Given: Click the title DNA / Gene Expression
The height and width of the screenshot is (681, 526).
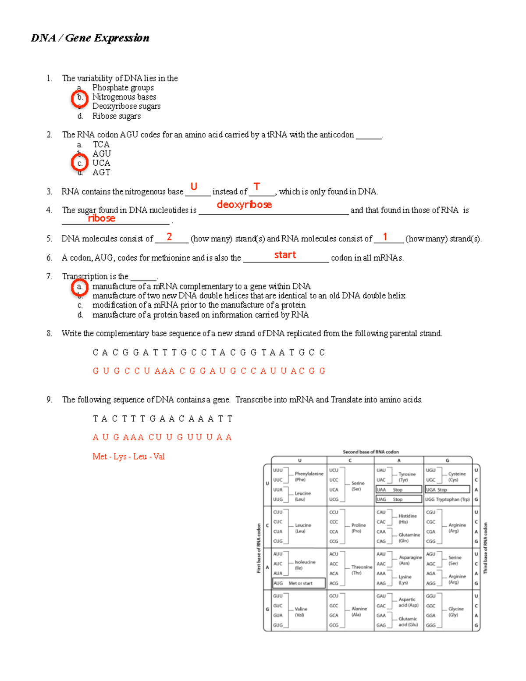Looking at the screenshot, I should (x=90, y=38).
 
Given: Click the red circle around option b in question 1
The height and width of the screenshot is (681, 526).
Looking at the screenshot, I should (x=80, y=98).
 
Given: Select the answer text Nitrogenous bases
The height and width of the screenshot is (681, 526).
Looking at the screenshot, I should (x=124, y=97).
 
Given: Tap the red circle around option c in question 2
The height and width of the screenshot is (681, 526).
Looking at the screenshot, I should (x=80, y=164).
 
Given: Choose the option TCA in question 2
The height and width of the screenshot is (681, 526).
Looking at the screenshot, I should (x=101, y=144).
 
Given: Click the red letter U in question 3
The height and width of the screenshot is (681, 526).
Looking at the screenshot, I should (x=194, y=187).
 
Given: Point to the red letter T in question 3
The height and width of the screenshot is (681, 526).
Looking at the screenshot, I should (x=257, y=187).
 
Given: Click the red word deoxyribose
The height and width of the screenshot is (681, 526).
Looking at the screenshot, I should (x=244, y=205).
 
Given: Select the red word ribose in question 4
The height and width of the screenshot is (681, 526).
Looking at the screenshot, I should (x=101, y=218).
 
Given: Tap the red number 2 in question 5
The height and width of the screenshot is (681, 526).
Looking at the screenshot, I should (x=169, y=237).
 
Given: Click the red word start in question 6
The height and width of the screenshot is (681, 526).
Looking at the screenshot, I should (x=285, y=255).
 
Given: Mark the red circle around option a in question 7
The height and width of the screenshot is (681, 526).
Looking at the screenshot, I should (x=80, y=287).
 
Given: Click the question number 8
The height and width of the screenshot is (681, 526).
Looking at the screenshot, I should (x=50, y=334).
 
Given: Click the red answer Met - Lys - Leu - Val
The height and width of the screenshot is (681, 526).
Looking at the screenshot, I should (x=128, y=456).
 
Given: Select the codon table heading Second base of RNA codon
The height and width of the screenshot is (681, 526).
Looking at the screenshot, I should (x=370, y=452).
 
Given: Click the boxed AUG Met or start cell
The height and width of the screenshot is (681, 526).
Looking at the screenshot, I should (x=299, y=583).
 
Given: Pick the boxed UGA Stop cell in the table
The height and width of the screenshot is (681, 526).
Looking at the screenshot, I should (x=447, y=489).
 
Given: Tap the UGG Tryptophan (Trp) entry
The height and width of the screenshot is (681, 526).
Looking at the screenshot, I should (x=447, y=499).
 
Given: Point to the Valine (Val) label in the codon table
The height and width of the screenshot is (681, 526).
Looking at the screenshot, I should (x=301, y=612).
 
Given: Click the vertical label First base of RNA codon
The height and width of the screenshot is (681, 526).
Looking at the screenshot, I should (x=259, y=548).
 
